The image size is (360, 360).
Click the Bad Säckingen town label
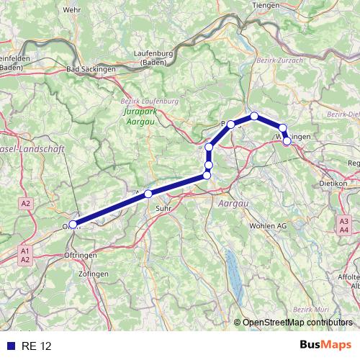coord(93,69)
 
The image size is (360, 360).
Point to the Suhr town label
coord(161,210)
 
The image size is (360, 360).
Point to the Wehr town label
coord(72,9)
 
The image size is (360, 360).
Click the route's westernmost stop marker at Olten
coord(73,225)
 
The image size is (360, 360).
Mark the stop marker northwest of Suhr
coord(148,194)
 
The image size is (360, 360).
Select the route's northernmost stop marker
coord(254,116)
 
